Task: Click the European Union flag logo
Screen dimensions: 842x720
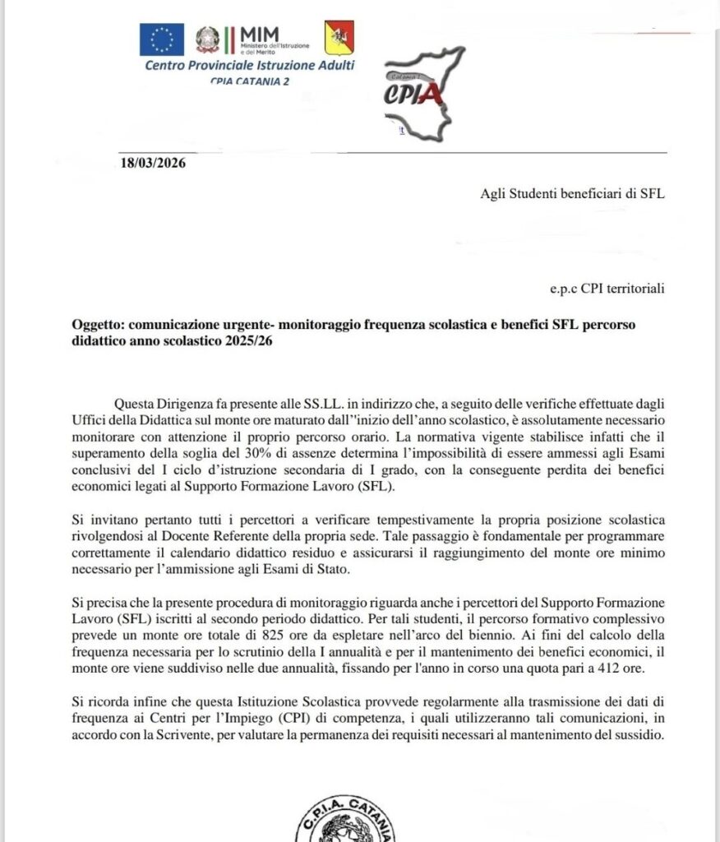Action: point(161,39)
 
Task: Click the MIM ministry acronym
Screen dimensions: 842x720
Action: point(257,32)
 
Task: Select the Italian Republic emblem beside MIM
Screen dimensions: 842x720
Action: point(208,39)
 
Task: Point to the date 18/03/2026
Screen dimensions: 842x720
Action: point(153,163)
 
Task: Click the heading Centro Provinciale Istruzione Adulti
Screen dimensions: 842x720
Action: point(249,65)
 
